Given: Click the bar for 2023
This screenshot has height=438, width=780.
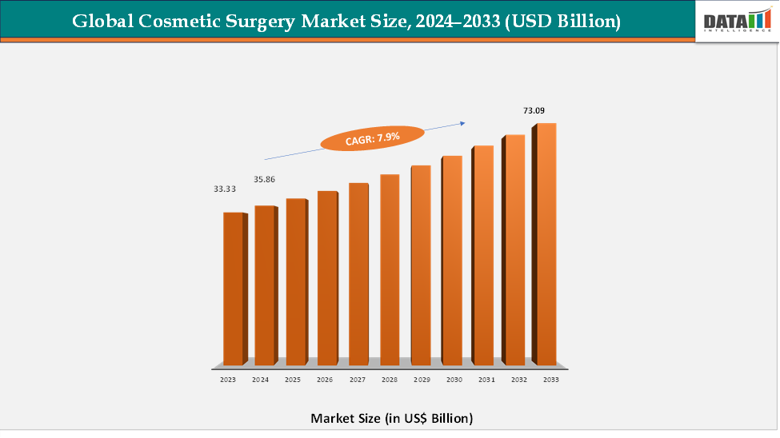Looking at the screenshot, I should [232, 288].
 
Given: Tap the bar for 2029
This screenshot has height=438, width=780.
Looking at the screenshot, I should [421, 265].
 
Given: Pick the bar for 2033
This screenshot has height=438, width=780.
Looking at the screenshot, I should [546, 244].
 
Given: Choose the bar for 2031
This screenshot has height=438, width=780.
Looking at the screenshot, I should [483, 255].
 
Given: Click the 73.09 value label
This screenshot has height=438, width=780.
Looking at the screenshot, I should [534, 110].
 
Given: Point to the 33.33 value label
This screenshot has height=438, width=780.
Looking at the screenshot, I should [225, 189].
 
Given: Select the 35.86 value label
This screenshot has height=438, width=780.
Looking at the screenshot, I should [264, 180].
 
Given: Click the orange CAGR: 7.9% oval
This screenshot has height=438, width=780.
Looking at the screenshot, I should [372, 138].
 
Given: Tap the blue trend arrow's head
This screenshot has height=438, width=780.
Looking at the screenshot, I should [462, 122].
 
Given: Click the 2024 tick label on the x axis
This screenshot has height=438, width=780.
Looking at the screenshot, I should [260, 380].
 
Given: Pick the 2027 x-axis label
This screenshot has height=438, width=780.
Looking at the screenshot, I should [357, 380].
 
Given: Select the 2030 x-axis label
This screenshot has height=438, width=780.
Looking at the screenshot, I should [454, 380].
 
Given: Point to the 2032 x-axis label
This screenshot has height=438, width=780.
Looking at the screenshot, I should [518, 380].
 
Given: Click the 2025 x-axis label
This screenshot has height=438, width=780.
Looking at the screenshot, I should [292, 380].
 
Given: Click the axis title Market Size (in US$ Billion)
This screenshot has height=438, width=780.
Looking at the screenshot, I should [391, 418].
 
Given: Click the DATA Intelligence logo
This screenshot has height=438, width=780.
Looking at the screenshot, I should [734, 21].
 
